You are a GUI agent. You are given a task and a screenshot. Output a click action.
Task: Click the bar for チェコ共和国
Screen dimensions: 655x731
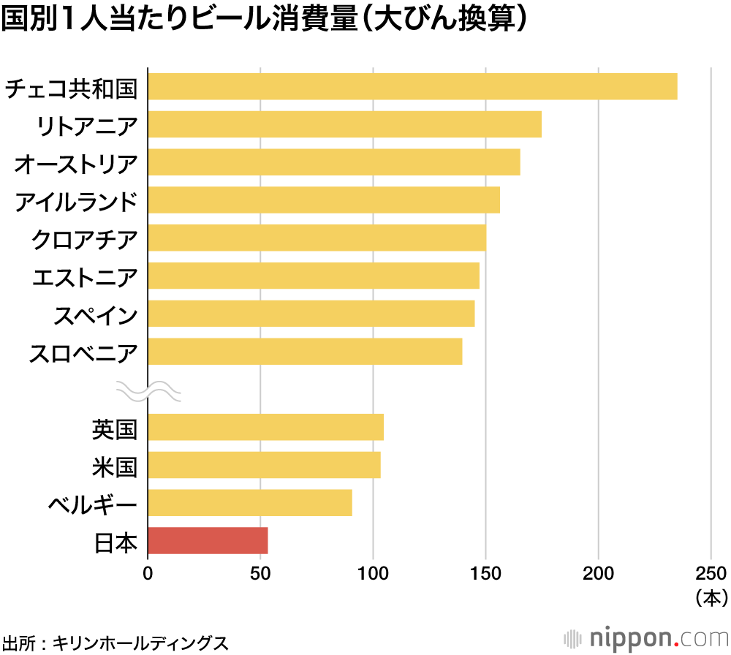pos(412,86)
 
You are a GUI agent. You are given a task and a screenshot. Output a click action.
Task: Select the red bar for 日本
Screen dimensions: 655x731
pos(208,541)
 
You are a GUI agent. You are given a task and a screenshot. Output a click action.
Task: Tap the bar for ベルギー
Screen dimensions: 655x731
pos(250,503)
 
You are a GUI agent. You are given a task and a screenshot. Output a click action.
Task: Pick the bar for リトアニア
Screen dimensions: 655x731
pos(344,124)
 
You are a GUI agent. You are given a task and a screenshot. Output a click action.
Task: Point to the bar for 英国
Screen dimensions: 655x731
pos(265,427)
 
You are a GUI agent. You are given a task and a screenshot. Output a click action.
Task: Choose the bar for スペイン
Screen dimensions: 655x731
pos(311,314)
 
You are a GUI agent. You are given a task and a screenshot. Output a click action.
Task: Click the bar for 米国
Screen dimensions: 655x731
pos(264,465)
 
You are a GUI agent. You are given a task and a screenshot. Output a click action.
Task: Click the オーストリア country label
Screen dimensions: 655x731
pos(76,163)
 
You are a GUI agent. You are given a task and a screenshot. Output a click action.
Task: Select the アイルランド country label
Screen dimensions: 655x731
pos(76,201)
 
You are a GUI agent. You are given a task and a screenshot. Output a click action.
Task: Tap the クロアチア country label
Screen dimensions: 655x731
pos(84,239)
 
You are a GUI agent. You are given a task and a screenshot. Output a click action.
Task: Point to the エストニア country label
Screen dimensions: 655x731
pos(84,277)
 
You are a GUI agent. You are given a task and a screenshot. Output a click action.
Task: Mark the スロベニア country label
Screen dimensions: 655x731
pos(83,353)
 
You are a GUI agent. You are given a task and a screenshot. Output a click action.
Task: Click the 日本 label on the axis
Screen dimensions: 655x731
pos(115,542)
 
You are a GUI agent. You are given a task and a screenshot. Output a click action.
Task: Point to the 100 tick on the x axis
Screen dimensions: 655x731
pos(373,572)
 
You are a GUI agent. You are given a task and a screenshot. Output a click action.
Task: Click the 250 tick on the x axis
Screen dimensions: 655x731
pos(711,572)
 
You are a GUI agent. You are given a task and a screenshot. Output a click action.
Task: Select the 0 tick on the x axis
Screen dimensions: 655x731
pos(148,572)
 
